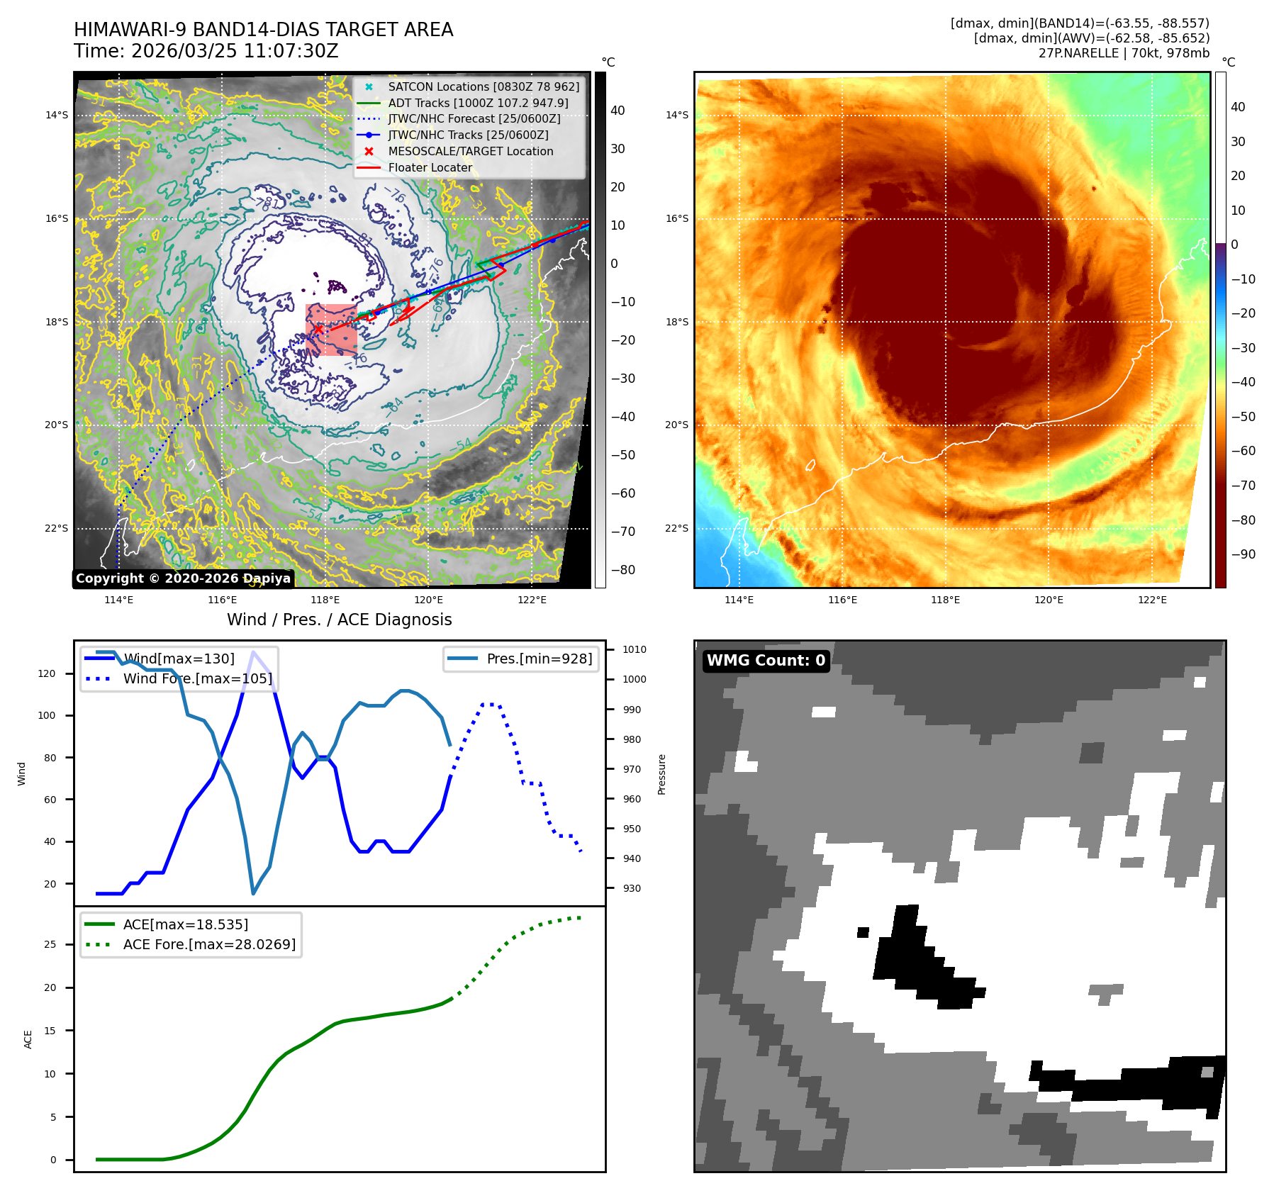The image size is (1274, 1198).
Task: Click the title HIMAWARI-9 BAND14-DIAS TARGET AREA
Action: [x=263, y=30]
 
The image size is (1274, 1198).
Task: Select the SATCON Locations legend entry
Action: [x=483, y=86]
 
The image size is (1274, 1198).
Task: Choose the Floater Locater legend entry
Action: [x=430, y=167]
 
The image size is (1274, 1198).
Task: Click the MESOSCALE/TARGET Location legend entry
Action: [x=470, y=151]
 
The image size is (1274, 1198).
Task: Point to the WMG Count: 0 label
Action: [x=766, y=661]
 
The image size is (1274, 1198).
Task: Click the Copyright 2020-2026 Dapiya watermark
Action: [x=183, y=578]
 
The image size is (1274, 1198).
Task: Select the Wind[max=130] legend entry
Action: [x=179, y=659]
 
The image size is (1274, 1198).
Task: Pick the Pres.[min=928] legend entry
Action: [x=539, y=659]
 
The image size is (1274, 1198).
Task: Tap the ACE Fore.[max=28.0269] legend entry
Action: [x=209, y=944]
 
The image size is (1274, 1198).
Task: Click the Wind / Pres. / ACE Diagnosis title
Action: [x=339, y=620]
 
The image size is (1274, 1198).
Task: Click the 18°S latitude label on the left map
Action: [x=57, y=322]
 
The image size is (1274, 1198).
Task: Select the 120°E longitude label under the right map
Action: [x=1049, y=600]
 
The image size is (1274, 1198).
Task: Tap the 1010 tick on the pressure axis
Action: [x=635, y=649]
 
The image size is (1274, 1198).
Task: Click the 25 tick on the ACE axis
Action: [x=50, y=944]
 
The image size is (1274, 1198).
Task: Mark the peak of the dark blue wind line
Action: [x=254, y=651]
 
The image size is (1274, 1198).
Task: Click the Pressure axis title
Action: [x=661, y=774]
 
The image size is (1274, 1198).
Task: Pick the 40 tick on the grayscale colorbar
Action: [x=618, y=111]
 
